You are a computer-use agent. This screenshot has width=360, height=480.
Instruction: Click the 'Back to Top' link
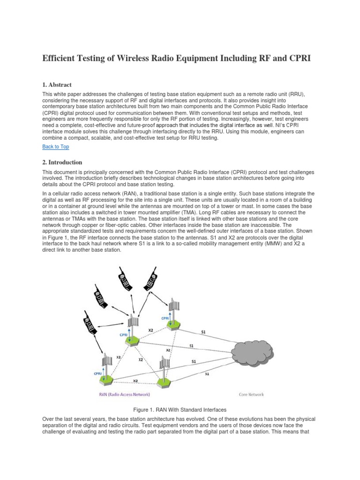pyautogui.click(x=56, y=147)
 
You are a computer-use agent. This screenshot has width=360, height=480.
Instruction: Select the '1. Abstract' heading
pyautogui.click(x=57, y=85)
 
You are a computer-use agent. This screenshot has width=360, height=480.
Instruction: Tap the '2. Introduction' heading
pyautogui.click(x=62, y=162)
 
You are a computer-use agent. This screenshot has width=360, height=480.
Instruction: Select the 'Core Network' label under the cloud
pyautogui.click(x=251, y=395)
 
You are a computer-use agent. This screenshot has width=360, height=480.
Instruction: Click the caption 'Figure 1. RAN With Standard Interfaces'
pyautogui.click(x=180, y=410)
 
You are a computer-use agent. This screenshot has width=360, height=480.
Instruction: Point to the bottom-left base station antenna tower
pyautogui.click(x=107, y=366)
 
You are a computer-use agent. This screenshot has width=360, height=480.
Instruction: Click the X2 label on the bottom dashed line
pyautogui.click(x=135, y=381)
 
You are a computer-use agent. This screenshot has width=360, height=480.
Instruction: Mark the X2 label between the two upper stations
pyautogui.click(x=150, y=330)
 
